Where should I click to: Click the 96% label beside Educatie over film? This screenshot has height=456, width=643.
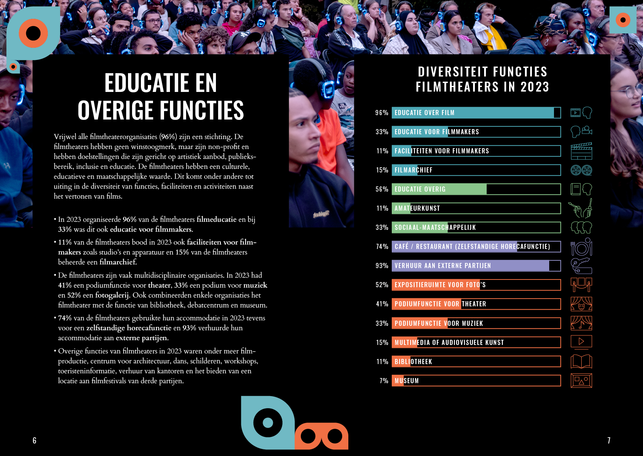pos(381,113)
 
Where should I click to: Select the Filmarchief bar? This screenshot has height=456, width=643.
pos(476,170)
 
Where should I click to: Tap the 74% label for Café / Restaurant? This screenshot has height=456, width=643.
pos(382,247)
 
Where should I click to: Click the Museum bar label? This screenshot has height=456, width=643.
pos(406,381)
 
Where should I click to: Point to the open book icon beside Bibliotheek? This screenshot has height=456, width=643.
pos(581,361)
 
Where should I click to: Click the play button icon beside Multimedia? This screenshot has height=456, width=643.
pos(581,342)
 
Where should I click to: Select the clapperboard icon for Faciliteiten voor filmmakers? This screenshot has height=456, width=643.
pos(581,151)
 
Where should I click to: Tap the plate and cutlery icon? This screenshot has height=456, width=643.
pos(581,247)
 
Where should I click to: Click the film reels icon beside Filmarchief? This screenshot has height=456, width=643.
pos(581,170)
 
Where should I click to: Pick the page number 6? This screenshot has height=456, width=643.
pos(35,441)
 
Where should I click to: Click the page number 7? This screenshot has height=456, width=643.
pos(609,441)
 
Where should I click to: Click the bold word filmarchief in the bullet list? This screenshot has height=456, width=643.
pos(118,262)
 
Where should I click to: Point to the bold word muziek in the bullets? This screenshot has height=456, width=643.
pos(255,285)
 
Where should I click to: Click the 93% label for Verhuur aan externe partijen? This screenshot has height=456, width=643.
pos(381,266)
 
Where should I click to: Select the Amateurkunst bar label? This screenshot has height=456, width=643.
pos(417,209)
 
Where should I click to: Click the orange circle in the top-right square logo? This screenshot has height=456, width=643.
pos(623,20)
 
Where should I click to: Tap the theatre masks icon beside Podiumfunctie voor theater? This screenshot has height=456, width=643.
pos(581,304)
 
